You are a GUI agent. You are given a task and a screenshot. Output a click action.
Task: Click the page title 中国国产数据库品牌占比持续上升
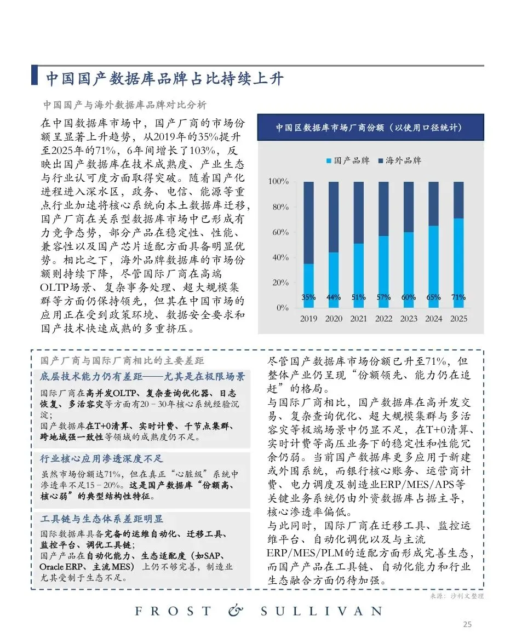pos(164,79)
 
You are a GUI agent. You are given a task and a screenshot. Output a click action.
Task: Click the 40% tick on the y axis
pos(280,257)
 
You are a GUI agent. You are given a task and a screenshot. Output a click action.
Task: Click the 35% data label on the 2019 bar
pos(308,297)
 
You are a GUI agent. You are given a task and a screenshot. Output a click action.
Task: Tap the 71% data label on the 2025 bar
pos(458,297)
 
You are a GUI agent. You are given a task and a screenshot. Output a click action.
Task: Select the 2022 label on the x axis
pos(383,319)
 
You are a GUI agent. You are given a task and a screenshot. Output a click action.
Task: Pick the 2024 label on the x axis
pos(433,319)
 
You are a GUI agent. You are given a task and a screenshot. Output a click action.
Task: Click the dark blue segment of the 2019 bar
pos(308,222)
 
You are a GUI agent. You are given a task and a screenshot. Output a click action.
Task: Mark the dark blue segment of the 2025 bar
pos(458,199)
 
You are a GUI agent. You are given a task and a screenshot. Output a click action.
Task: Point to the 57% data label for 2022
pos(383,297)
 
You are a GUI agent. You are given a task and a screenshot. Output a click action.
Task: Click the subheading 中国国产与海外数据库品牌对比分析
pos(125,105)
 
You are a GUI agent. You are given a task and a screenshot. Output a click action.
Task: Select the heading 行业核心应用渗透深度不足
pos(102,459)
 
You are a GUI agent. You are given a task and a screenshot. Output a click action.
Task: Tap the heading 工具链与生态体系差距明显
pos(102,519)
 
